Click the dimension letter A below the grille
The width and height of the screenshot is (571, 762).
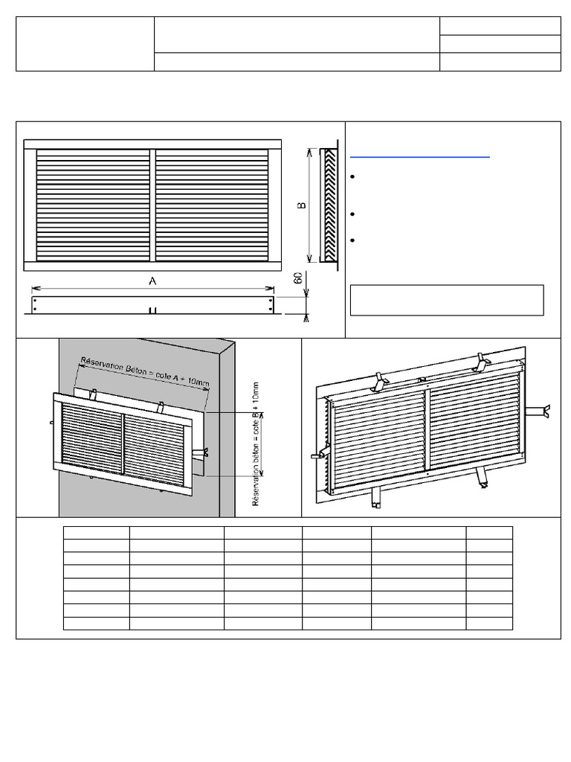[152, 281]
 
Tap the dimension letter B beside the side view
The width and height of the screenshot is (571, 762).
[302, 205]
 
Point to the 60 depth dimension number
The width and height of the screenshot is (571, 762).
[298, 278]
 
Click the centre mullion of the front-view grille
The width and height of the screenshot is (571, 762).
[152, 205]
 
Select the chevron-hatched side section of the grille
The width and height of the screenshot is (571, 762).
[330, 205]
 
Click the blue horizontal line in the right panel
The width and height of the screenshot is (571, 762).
[419, 158]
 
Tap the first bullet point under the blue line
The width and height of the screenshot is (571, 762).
[353, 177]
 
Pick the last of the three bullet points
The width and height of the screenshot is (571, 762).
[353, 240]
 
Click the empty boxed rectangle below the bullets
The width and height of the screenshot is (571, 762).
[447, 301]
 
